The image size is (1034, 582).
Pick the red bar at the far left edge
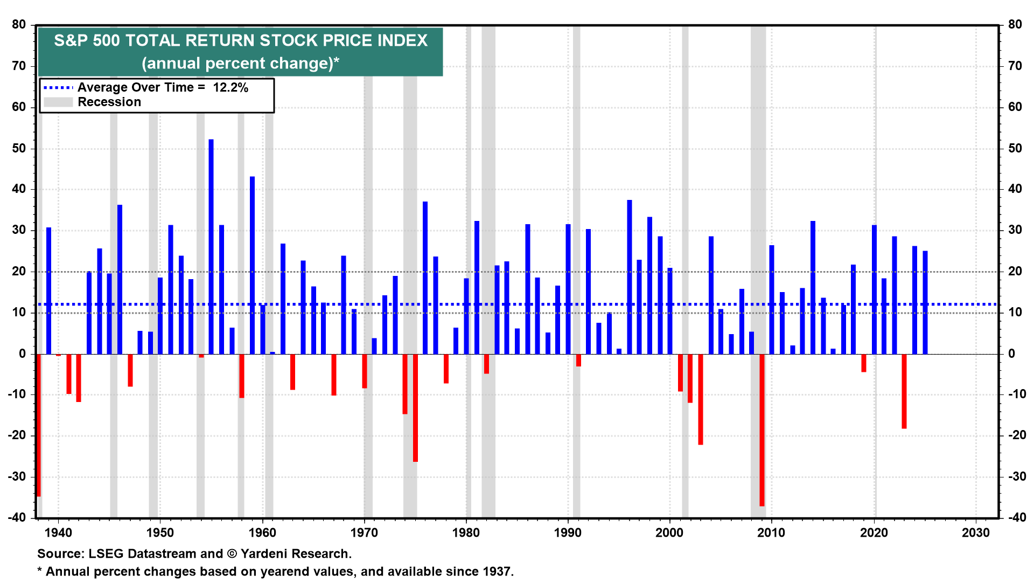point(39,425)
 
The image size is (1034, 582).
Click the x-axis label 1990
point(568,533)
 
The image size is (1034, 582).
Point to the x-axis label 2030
point(975,533)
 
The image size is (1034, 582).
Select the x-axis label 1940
point(58,533)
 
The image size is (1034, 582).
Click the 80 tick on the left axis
point(19,25)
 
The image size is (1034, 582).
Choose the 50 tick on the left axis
point(19,148)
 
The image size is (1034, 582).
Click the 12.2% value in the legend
point(230,88)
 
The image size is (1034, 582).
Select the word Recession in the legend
point(109,102)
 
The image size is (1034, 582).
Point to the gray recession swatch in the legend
point(58,102)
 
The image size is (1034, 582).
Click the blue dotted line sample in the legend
point(58,87)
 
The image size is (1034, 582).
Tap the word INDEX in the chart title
point(396,41)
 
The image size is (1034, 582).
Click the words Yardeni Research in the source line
point(296,554)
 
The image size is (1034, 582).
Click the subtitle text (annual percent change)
point(240,64)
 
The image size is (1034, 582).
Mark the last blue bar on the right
point(925,302)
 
